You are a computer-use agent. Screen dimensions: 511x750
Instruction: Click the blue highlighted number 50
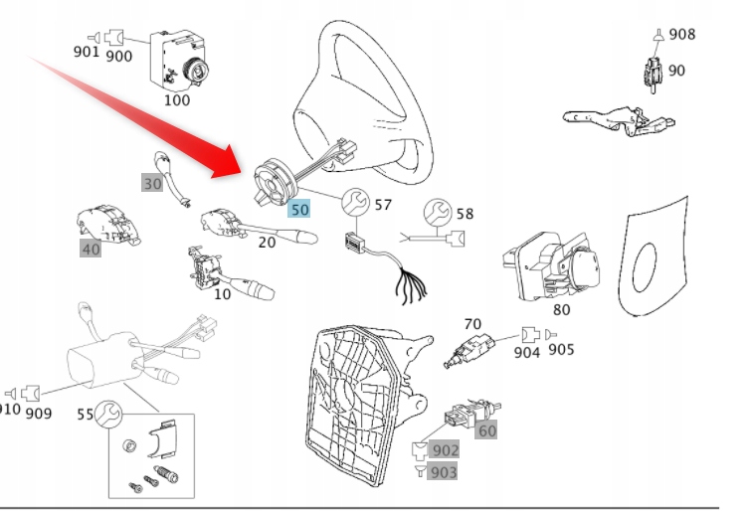coord(299,210)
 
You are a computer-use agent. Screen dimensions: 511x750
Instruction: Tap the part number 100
coord(176,99)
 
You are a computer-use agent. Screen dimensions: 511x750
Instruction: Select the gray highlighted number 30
coord(152,183)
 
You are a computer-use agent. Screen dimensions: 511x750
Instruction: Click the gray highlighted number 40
coord(91,250)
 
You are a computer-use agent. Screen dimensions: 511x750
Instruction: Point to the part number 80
coord(562,308)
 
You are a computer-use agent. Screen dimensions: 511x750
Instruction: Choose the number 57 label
coord(383,206)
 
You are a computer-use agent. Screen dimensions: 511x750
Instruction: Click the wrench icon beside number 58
coord(435,212)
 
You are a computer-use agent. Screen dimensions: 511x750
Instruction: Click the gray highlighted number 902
coord(444,450)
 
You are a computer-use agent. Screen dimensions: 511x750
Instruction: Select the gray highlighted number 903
coord(444,472)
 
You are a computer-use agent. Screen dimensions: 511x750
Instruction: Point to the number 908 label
coord(682,35)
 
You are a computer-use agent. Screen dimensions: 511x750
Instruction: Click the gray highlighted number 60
coord(486,430)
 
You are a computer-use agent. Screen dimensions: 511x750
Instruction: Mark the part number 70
coord(472,324)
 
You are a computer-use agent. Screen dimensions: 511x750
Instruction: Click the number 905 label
coord(562,349)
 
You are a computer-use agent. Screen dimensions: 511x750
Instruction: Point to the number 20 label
coord(267,243)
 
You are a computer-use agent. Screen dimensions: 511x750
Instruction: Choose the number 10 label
coord(222,293)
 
